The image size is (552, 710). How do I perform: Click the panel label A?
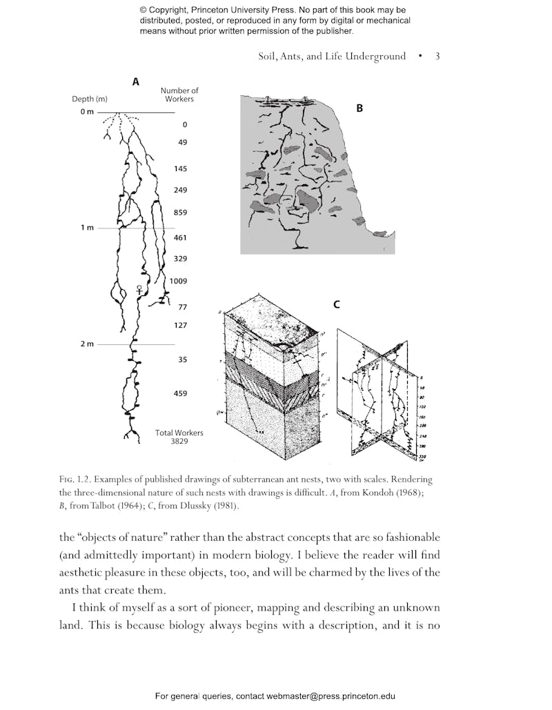point(136,81)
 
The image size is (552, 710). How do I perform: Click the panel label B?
point(359,108)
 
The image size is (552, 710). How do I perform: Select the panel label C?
point(337,304)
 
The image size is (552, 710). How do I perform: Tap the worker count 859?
point(180,213)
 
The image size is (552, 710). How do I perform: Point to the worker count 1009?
point(179,282)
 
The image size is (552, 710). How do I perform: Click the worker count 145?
point(180,168)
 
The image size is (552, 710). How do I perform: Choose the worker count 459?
point(180,393)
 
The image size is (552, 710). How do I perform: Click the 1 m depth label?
point(86,228)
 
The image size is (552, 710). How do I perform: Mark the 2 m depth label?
point(86,344)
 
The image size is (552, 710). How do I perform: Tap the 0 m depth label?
point(86,112)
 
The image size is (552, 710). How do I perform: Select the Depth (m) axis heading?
point(90,99)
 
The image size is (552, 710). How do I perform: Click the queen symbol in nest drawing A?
point(140,290)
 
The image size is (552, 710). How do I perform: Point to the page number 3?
point(437,57)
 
